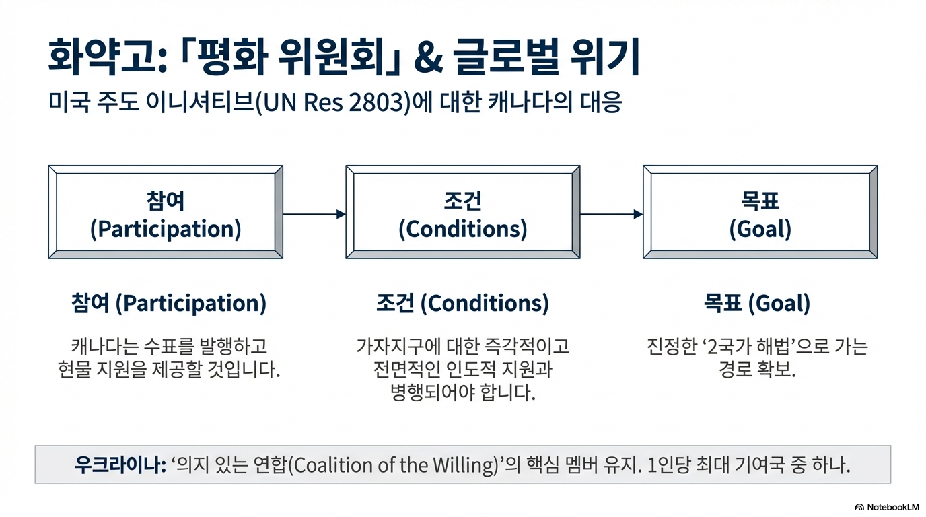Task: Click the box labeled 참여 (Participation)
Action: [x=166, y=212]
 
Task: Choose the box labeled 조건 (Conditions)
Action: [x=463, y=212]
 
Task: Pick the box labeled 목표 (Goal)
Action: [x=760, y=212]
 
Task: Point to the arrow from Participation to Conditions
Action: [x=314, y=214]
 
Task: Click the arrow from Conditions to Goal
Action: [x=611, y=214]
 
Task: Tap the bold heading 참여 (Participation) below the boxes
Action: [x=168, y=304]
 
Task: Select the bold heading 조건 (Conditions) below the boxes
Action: [x=462, y=304]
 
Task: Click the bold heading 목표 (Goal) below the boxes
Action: [x=757, y=304]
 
